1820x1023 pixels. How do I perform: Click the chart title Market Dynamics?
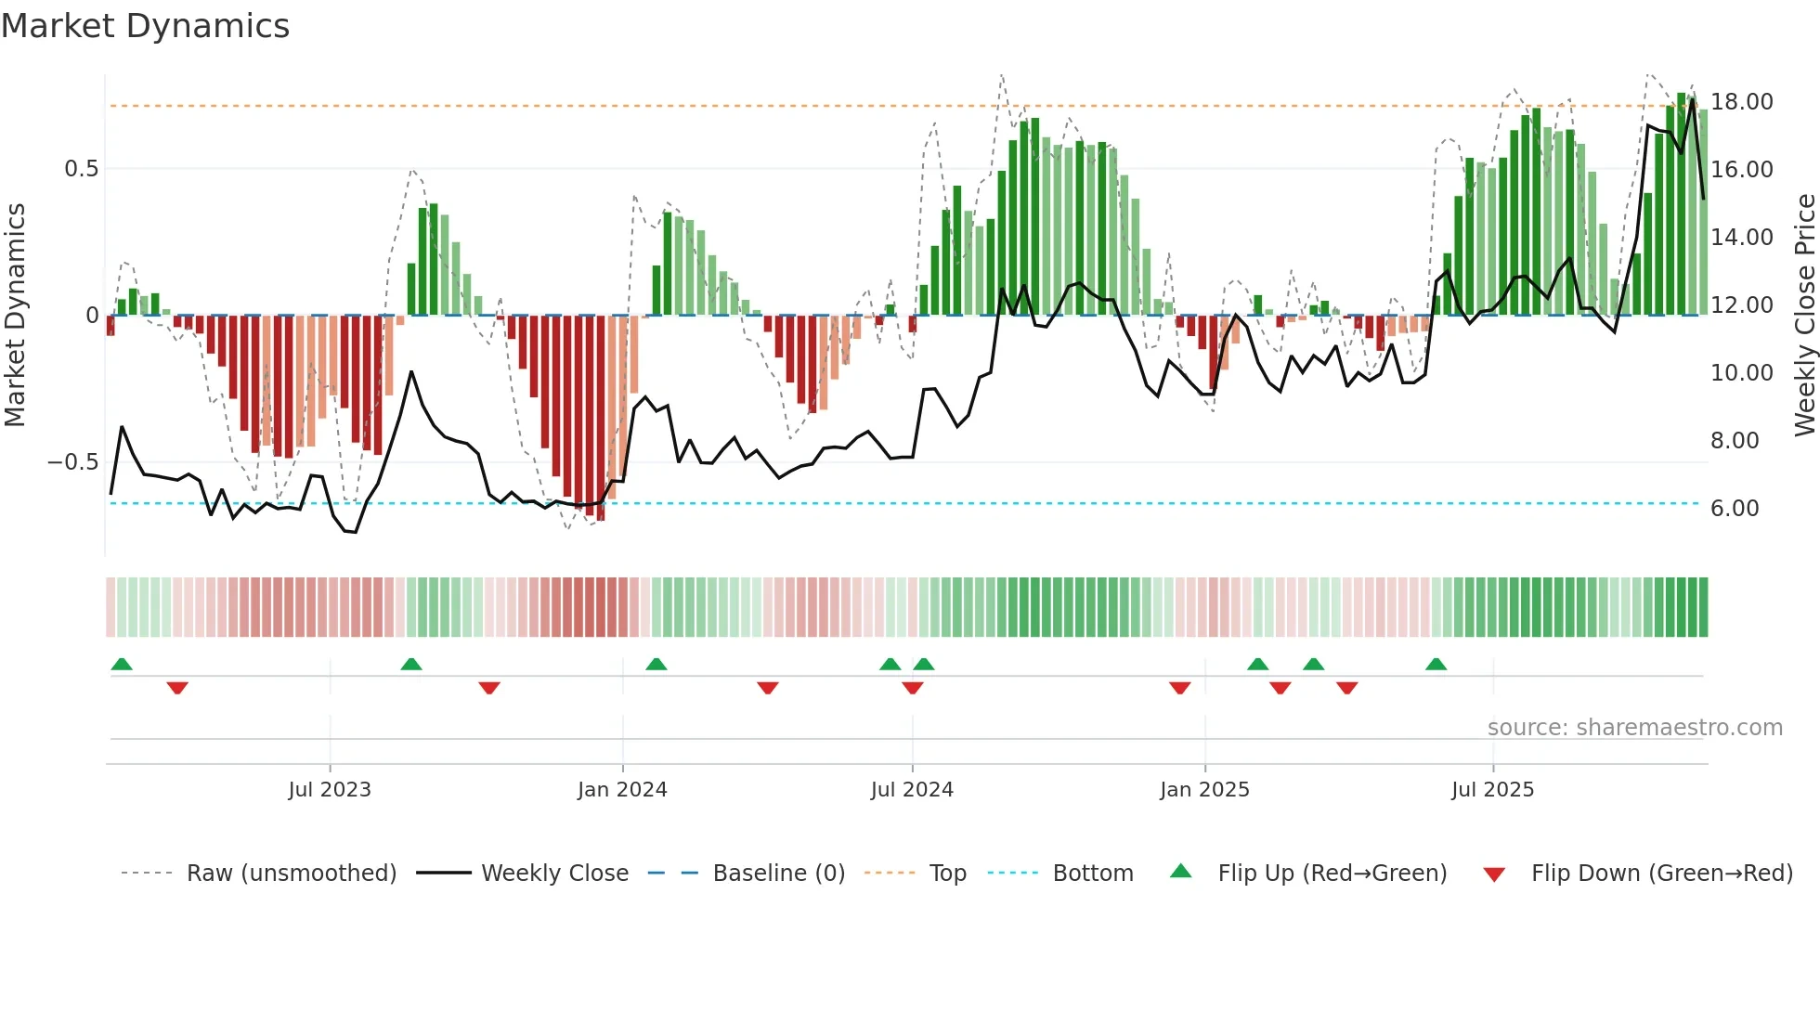point(146,26)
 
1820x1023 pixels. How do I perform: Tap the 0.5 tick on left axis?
point(81,169)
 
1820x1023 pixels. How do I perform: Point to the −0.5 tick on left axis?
point(72,462)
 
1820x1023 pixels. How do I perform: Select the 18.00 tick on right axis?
point(1741,102)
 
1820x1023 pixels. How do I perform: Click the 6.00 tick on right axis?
point(1734,509)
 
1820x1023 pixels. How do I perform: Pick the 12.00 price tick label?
point(1741,305)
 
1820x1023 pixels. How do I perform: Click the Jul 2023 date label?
point(329,790)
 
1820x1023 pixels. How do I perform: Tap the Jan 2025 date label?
point(1204,790)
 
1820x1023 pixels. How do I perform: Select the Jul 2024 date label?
point(912,790)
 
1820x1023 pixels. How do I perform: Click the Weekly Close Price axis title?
point(1804,315)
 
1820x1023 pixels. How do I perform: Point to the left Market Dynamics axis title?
point(15,315)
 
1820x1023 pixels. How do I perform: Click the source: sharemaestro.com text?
point(1634,728)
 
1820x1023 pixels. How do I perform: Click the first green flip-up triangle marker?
point(122,664)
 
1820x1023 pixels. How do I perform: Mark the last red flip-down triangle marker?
point(1347,688)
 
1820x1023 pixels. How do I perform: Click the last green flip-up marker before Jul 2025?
point(1436,664)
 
